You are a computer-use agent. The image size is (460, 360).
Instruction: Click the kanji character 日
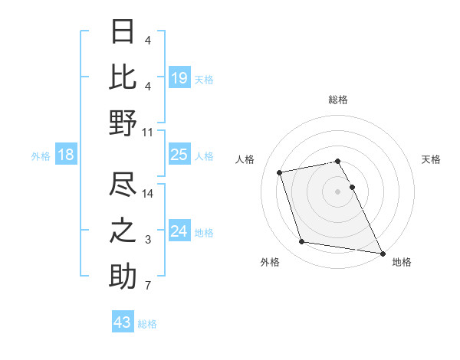pyautogui.click(x=123, y=32)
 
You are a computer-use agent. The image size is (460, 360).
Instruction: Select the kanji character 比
pyautogui.click(x=123, y=77)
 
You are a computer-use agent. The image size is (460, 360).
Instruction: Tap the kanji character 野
pyautogui.click(x=123, y=122)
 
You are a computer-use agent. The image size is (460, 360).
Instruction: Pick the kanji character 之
pyautogui.click(x=123, y=231)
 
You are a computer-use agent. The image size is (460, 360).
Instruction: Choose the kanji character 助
pyautogui.click(x=123, y=276)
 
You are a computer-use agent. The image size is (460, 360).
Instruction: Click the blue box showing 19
pyautogui.click(x=179, y=77)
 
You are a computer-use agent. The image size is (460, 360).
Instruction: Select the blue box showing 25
pyautogui.click(x=179, y=155)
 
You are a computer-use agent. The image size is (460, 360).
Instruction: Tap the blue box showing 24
pyautogui.click(x=179, y=231)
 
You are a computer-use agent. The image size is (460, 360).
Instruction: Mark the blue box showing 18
pyautogui.click(x=66, y=155)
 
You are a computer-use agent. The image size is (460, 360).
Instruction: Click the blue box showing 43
pyautogui.click(x=123, y=322)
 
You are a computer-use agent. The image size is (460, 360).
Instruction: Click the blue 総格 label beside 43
pyautogui.click(x=147, y=324)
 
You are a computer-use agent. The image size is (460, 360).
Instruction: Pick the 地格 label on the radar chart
pyautogui.click(x=402, y=262)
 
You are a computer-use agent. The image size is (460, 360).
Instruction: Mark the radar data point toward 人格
pyautogui.click(x=280, y=172)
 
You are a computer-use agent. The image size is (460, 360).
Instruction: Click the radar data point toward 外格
pyautogui.click(x=302, y=242)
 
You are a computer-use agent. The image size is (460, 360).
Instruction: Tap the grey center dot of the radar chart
pyautogui.click(x=337, y=191)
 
